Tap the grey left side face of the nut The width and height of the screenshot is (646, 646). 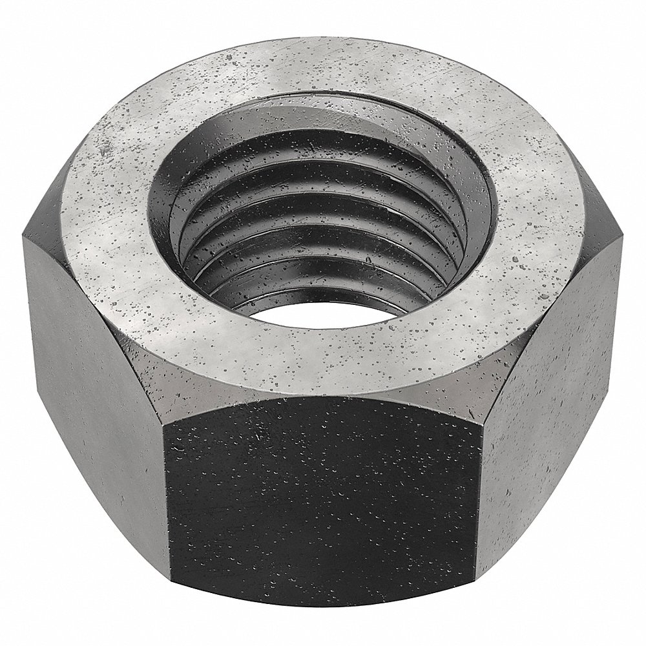(x=90, y=362)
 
